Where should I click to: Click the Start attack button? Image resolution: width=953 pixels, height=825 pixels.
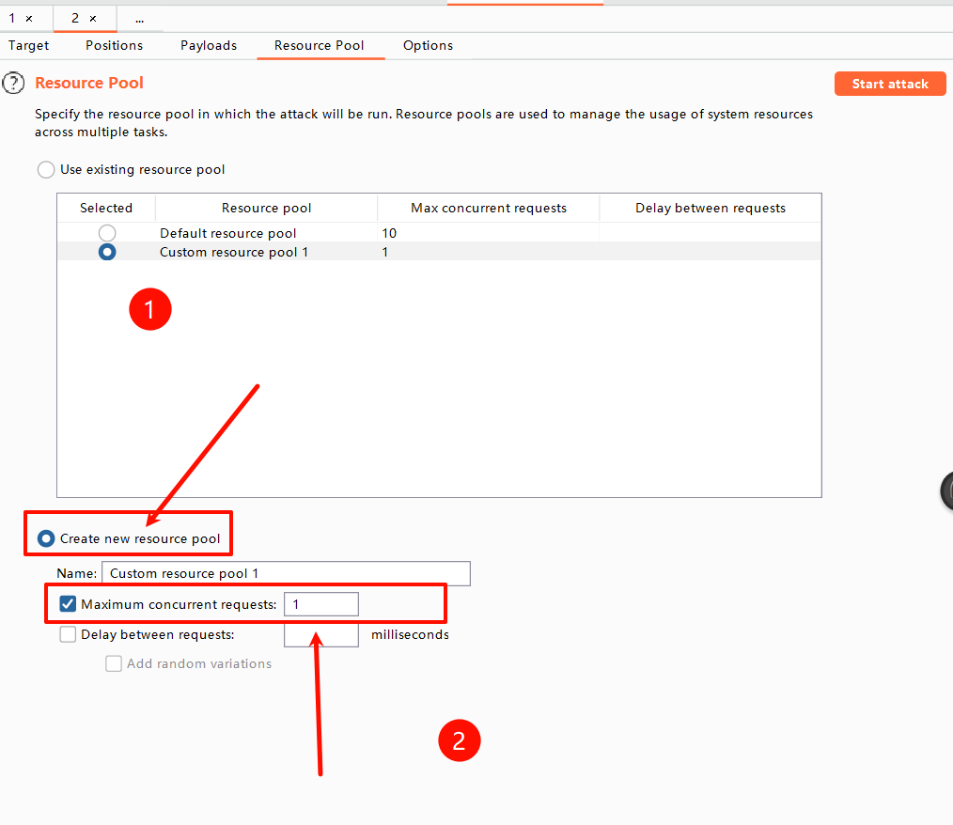pyautogui.click(x=890, y=84)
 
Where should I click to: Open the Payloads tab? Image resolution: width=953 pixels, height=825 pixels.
pyautogui.click(x=209, y=45)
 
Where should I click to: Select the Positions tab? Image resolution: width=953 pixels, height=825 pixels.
pyautogui.click(x=115, y=45)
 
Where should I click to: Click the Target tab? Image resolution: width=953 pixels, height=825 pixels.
pyautogui.click(x=28, y=45)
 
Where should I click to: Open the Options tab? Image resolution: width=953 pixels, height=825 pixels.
pyautogui.click(x=428, y=45)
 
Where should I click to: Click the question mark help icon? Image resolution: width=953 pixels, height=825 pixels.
pyautogui.click(x=13, y=84)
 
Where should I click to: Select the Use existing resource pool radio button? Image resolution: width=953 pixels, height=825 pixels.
pyautogui.click(x=46, y=169)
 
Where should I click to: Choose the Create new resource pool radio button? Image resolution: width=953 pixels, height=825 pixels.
pyautogui.click(x=46, y=538)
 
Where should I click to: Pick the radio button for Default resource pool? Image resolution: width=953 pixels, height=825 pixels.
pyautogui.click(x=107, y=233)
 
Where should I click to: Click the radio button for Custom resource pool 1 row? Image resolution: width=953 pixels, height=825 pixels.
pyautogui.click(x=107, y=252)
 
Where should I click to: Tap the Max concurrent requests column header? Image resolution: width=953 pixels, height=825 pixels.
pyautogui.click(x=489, y=208)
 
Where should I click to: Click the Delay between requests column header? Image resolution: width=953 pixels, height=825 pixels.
pyautogui.click(x=711, y=208)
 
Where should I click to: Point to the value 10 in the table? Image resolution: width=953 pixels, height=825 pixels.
pyautogui.click(x=389, y=233)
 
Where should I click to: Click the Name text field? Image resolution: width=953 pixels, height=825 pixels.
pyautogui.click(x=286, y=573)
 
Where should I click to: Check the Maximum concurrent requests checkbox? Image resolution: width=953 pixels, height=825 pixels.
pyautogui.click(x=68, y=604)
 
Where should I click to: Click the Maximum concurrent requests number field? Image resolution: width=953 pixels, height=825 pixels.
pyautogui.click(x=320, y=604)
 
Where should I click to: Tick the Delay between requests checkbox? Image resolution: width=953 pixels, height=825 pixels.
pyautogui.click(x=68, y=634)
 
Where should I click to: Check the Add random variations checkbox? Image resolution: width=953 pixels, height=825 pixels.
pyautogui.click(x=114, y=663)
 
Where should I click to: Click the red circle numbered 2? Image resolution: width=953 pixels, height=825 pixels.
pyautogui.click(x=460, y=740)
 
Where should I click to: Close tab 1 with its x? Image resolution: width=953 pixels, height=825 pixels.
pyautogui.click(x=28, y=19)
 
